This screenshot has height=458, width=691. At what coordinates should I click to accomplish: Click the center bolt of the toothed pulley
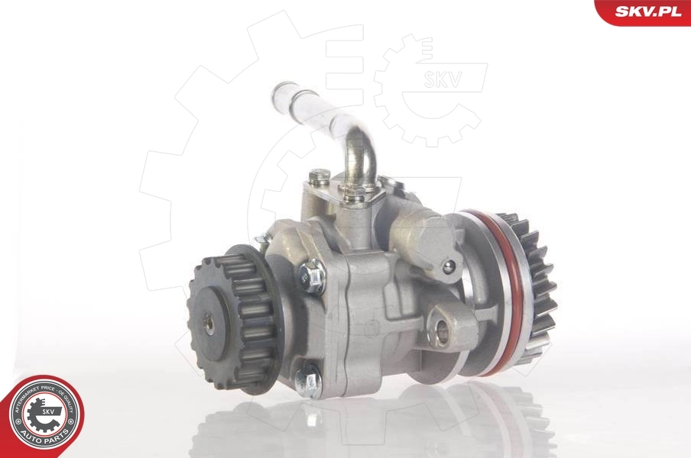(209, 323)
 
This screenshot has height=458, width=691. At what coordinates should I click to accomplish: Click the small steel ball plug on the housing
(449, 266)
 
